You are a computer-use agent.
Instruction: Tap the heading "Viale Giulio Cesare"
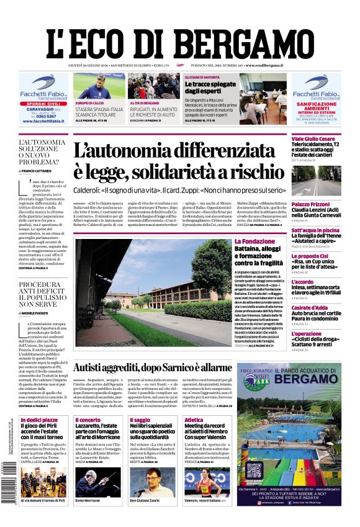point(314,138)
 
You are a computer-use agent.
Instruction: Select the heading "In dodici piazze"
point(38,420)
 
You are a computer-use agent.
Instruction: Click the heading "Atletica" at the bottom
point(194,420)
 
